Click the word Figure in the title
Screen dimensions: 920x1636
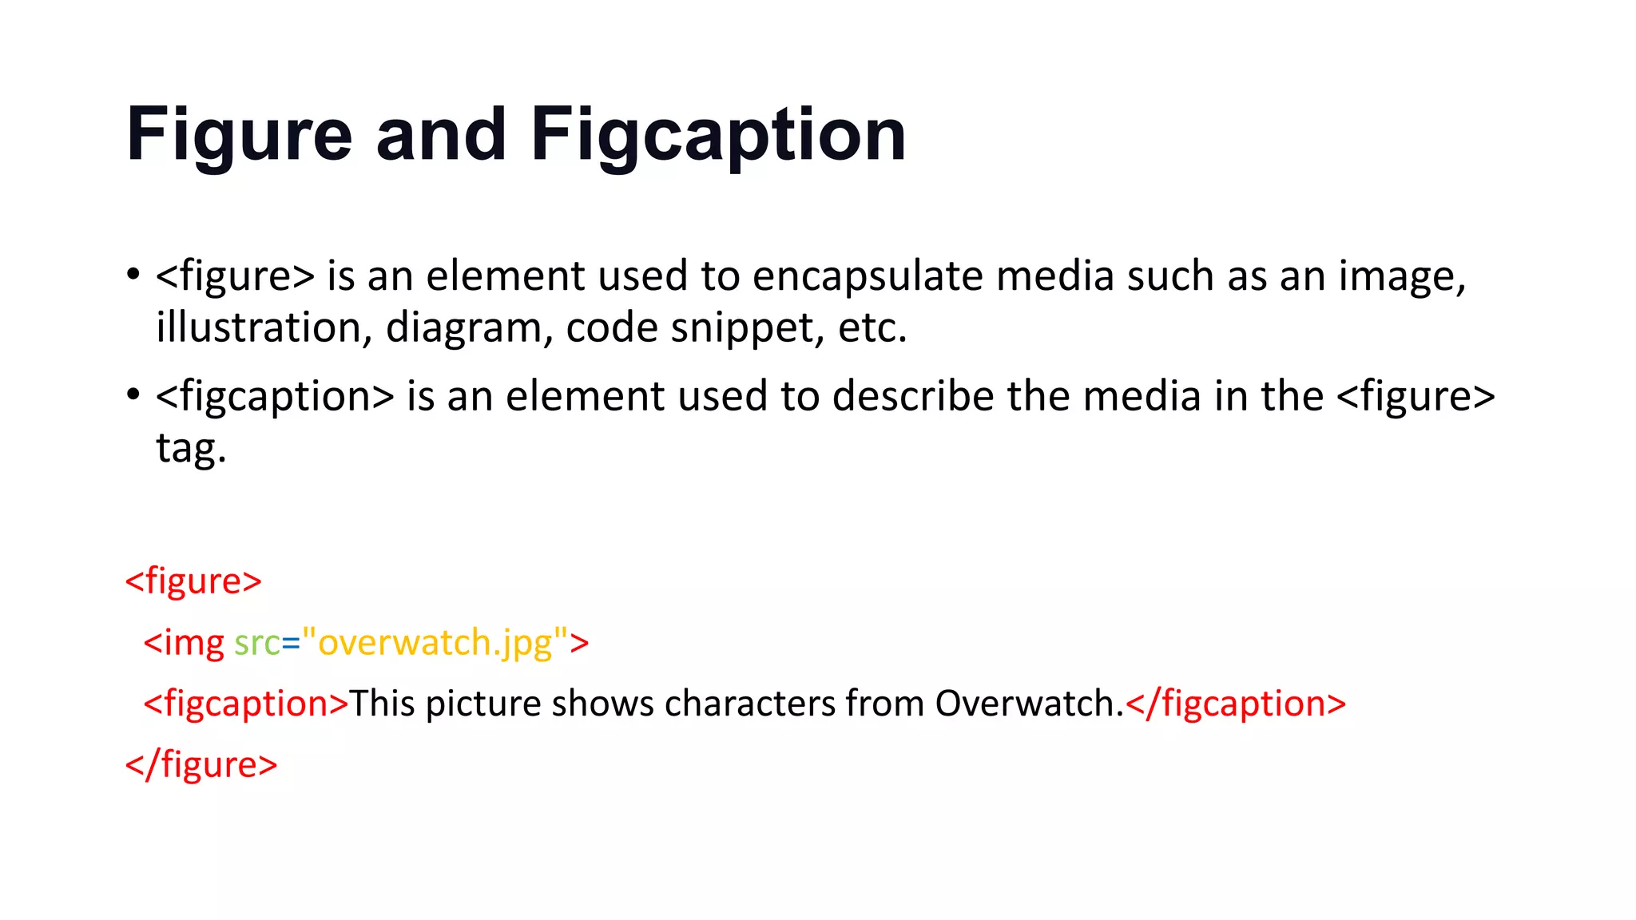[x=239, y=136]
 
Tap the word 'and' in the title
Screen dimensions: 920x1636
[x=441, y=136]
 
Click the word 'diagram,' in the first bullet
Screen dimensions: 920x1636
[x=469, y=327]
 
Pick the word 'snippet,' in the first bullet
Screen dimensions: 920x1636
[x=748, y=327]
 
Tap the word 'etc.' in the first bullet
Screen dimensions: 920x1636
[x=872, y=327]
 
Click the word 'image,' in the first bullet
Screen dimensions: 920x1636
[x=1402, y=276]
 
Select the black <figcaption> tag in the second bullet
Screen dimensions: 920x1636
[x=275, y=397]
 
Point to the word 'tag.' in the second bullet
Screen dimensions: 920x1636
[x=191, y=448]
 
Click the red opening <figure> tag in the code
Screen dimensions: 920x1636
[x=193, y=581]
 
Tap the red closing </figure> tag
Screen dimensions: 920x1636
[x=201, y=765]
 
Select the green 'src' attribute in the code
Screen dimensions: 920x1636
[x=256, y=643]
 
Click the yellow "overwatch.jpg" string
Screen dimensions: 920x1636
[x=435, y=643]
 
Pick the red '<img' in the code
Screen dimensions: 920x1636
[x=184, y=643]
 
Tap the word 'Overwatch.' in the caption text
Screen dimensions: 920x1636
[x=1029, y=704]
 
